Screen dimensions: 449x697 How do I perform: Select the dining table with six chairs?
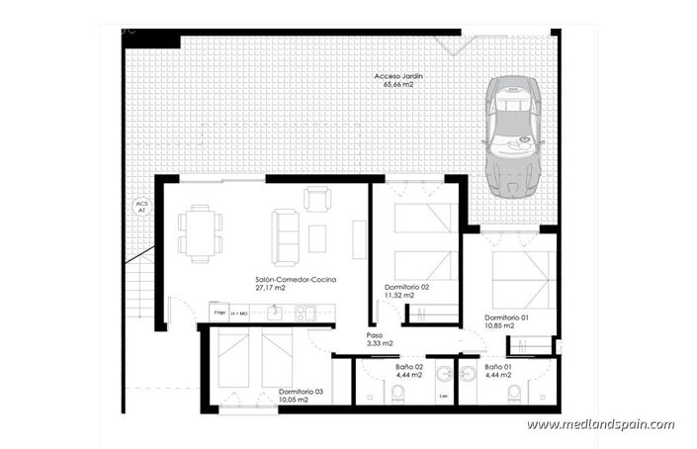point(201,233)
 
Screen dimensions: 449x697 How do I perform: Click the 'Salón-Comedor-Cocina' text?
point(296,280)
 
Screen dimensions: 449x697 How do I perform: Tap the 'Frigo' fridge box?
point(219,313)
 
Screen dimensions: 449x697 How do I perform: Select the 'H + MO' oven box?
point(240,313)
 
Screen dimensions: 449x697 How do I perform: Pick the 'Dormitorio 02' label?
point(406,287)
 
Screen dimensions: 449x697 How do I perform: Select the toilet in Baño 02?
point(397,396)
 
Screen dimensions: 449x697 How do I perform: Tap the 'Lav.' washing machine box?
point(443,397)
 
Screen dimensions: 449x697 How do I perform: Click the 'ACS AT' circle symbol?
point(140,207)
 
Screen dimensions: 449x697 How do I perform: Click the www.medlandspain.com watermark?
point(600,425)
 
